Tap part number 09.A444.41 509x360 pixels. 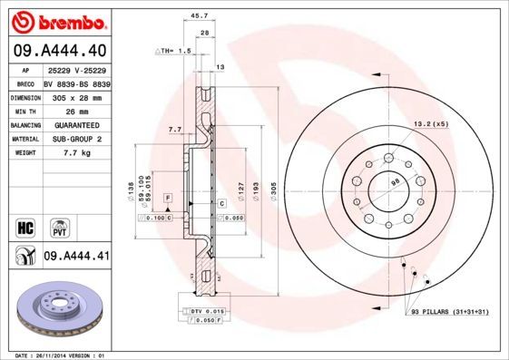(x=77, y=257)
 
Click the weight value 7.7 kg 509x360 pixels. (x=76, y=154)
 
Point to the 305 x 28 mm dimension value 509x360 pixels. (x=77, y=95)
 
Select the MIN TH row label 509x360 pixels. (x=24, y=110)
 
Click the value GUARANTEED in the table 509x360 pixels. (x=77, y=124)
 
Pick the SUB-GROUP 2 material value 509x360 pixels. (x=77, y=139)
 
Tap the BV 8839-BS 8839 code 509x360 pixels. (x=77, y=82)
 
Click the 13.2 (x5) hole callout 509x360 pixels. (x=431, y=123)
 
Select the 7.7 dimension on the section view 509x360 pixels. (x=174, y=130)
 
